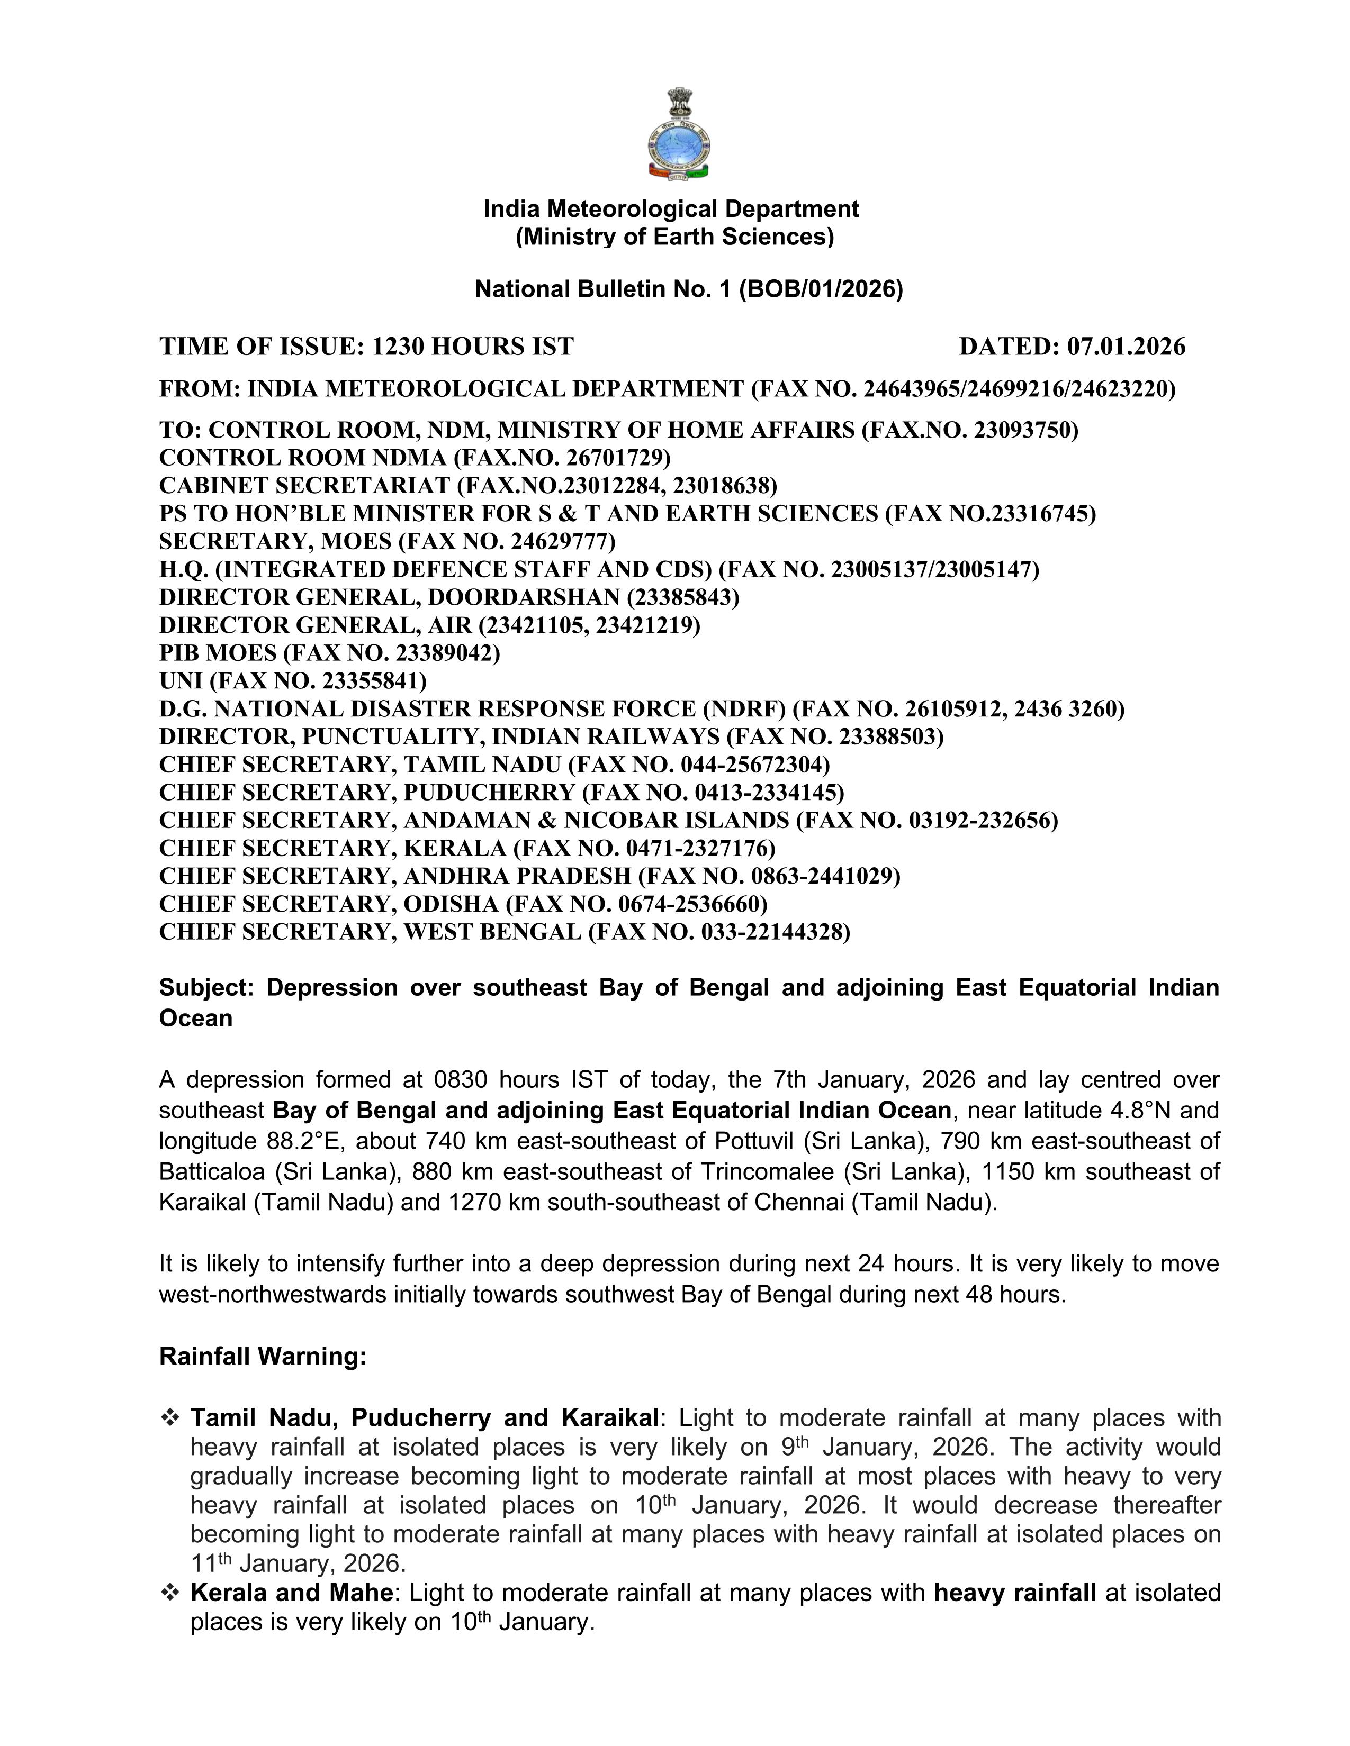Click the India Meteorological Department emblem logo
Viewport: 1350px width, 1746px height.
pyautogui.click(x=678, y=133)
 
